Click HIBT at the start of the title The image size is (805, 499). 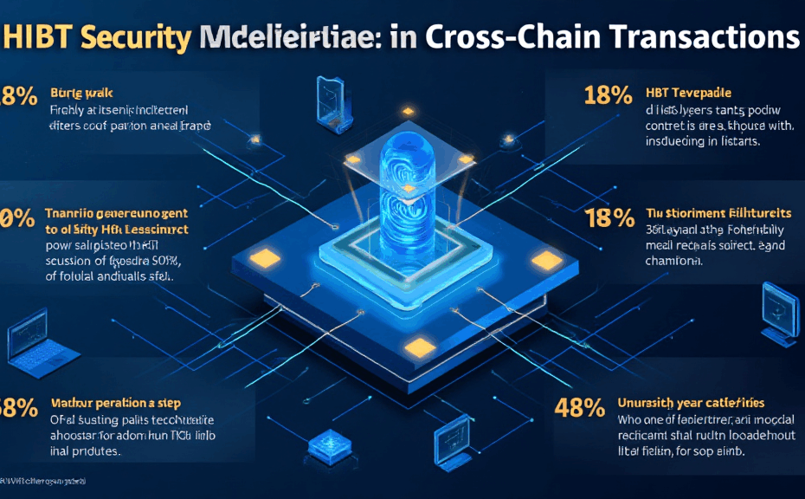point(38,38)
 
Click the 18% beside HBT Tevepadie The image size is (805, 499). point(609,95)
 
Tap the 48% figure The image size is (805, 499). point(578,407)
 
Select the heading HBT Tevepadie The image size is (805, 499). point(689,93)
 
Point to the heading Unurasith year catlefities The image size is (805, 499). point(692,402)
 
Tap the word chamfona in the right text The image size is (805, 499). point(680,261)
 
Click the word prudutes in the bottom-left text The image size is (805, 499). point(92,451)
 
